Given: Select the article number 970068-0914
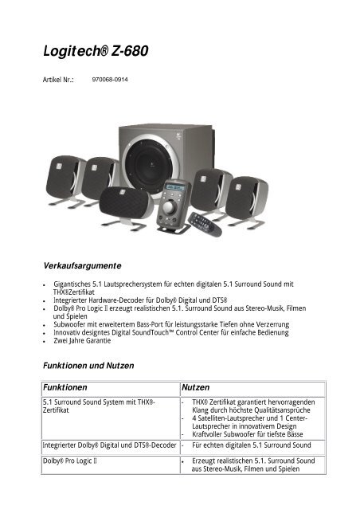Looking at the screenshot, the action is pyautogui.click(x=111, y=80).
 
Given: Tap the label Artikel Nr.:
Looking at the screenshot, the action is pyautogui.click(x=58, y=81).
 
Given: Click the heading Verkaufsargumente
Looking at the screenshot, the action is pyautogui.click(x=84, y=262).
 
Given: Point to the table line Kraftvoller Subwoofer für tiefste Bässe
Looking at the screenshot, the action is pyautogui.click(x=252, y=433).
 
